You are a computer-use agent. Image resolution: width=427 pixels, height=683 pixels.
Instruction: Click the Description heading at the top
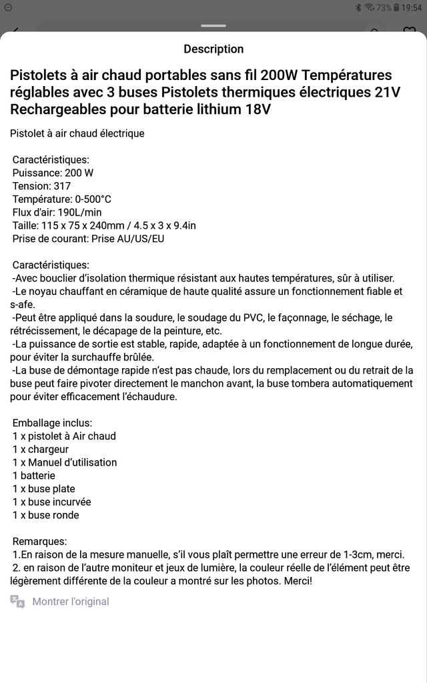pyautogui.click(x=213, y=49)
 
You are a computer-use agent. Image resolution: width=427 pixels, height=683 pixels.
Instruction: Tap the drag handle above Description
pyautogui.click(x=213, y=26)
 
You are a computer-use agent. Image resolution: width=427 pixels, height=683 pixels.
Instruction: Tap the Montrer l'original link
pyautogui.click(x=71, y=602)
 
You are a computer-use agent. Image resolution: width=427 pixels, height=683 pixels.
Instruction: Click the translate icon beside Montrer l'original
pyautogui.click(x=17, y=602)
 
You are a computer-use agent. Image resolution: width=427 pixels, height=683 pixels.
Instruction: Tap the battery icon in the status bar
pyautogui.click(x=397, y=7)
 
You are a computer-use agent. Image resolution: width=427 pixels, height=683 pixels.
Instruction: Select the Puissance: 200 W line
pyautogui.click(x=53, y=173)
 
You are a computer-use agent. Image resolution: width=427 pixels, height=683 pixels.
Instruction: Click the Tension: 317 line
pyautogui.click(x=41, y=186)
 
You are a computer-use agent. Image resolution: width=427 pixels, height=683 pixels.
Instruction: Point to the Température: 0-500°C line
pyautogui.click(x=61, y=199)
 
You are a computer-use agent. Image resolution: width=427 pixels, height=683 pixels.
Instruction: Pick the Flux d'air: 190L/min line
pyautogui.click(x=57, y=212)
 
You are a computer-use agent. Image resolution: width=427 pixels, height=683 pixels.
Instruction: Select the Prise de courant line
pyautogui.click(x=88, y=239)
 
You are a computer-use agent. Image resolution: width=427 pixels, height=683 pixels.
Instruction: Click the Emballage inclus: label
pyautogui.click(x=52, y=423)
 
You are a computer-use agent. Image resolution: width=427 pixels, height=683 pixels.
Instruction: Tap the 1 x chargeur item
pyautogui.click(x=41, y=450)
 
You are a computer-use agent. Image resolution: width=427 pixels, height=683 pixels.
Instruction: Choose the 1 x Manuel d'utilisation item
pyautogui.click(x=65, y=462)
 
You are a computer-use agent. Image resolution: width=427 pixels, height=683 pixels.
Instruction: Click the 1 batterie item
pyautogui.click(x=34, y=476)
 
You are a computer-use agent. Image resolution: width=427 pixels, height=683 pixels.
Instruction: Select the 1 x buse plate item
pyautogui.click(x=44, y=489)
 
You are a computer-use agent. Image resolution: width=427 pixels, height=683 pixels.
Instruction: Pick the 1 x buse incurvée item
pyautogui.click(x=52, y=502)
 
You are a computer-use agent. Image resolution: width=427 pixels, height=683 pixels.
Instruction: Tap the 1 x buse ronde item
pyautogui.click(x=46, y=515)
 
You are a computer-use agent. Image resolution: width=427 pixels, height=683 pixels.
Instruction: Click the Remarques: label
pyautogui.click(x=40, y=541)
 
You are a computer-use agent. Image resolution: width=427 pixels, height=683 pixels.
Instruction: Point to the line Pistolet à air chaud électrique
pyautogui.click(x=77, y=133)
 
